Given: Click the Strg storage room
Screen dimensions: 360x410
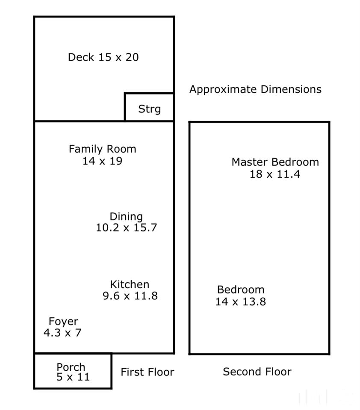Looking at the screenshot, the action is tap(149, 107).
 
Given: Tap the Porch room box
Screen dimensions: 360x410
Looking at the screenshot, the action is tap(73, 371).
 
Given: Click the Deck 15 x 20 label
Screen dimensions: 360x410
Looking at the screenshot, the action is tap(103, 57).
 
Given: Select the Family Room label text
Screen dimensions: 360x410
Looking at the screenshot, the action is tap(102, 149).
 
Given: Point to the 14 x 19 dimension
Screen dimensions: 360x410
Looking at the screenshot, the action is tap(102, 161).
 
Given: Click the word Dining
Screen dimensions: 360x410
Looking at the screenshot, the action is tap(126, 217).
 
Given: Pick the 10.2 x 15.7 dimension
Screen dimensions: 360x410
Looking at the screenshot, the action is tap(127, 228).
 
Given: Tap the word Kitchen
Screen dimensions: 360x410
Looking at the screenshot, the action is tap(130, 284).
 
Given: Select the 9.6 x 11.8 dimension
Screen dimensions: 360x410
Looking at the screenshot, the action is tap(130, 296).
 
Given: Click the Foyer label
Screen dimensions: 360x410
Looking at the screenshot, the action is tap(63, 322).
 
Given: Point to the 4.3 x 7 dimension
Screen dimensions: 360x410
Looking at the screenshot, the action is tap(62, 333).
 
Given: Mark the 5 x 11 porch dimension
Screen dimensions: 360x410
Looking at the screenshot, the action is tap(73, 377).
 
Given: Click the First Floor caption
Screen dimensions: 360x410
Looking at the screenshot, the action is tap(148, 372).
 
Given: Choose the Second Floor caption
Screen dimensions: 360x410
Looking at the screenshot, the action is tap(257, 372).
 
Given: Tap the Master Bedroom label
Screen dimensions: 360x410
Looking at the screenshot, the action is tap(275, 162).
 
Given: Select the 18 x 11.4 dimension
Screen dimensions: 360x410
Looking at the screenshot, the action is tap(275, 174).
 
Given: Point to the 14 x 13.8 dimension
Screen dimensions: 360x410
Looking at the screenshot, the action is tap(241, 302).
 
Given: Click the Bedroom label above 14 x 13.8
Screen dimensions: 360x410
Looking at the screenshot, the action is tap(241, 290).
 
